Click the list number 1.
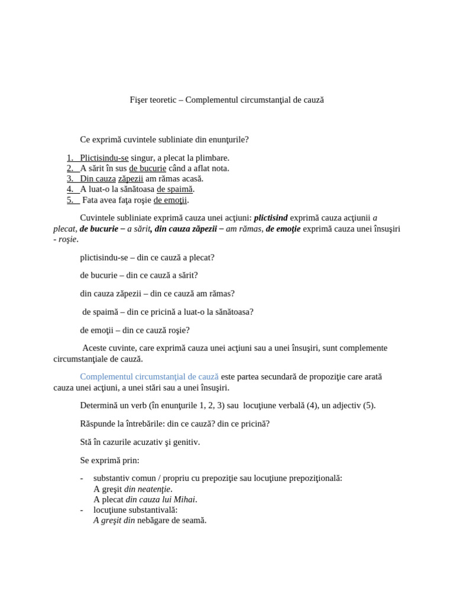(70, 158)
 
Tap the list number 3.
(70, 178)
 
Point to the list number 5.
(70, 200)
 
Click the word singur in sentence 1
(142, 158)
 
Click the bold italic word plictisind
(271, 218)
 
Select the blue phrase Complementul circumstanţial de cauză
(149, 376)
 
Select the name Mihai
(184, 499)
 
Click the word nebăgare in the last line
(155, 521)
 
